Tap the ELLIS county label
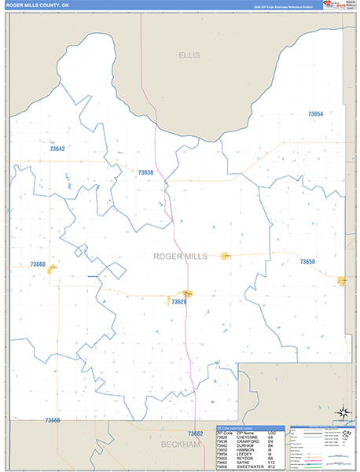(x=189, y=55)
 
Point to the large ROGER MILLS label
(x=180, y=256)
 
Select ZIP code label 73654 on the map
(x=315, y=115)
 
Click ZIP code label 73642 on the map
(x=57, y=149)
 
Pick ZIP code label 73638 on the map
(x=145, y=172)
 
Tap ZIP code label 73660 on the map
(x=38, y=265)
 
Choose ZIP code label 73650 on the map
(x=307, y=261)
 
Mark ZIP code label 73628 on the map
(x=178, y=301)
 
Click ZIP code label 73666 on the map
(x=52, y=421)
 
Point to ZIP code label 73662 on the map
(x=195, y=433)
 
